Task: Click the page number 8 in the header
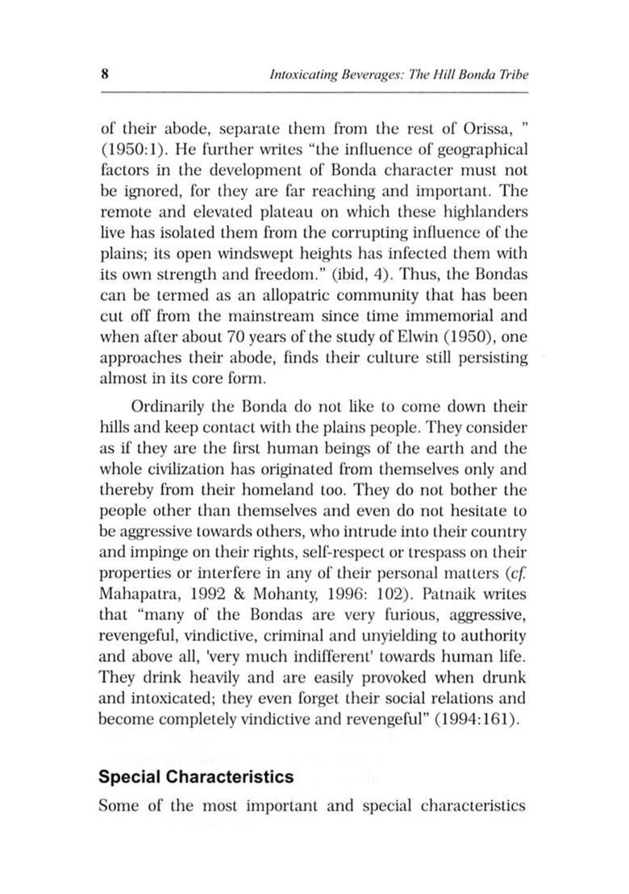[105, 74]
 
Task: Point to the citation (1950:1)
[133, 150]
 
